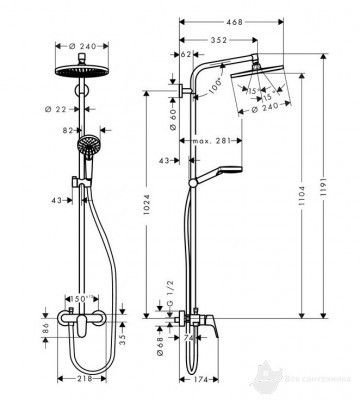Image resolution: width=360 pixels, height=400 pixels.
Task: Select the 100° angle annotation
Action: [212, 87]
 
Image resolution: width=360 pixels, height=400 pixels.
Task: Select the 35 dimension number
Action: [122, 339]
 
